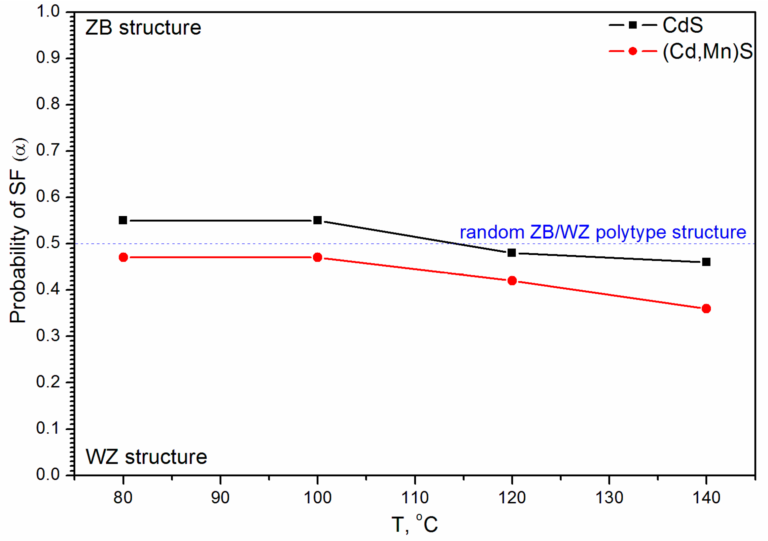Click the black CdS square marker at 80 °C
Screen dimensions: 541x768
[x=123, y=221]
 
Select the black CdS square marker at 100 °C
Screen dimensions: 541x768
[x=318, y=221]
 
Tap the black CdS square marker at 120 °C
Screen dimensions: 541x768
[x=512, y=253]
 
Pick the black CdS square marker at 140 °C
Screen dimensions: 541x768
[x=707, y=262]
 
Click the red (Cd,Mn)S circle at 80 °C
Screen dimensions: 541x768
[x=123, y=258]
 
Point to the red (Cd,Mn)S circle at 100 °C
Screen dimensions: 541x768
[x=318, y=258]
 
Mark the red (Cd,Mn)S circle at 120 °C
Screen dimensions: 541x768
[x=512, y=281]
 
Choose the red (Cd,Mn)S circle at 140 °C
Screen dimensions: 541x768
[x=707, y=309]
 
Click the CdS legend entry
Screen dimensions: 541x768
[x=682, y=25]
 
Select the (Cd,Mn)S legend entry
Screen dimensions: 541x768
[x=708, y=52]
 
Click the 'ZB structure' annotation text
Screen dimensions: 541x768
[x=143, y=28]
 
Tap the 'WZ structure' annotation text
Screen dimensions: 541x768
[x=147, y=457]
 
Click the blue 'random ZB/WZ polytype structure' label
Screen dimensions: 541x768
[x=603, y=232]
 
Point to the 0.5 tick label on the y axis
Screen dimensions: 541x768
[x=48, y=243]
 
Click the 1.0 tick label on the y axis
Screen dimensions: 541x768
[x=48, y=12]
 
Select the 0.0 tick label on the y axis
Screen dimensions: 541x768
[x=48, y=475]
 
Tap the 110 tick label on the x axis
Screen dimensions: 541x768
[x=415, y=498]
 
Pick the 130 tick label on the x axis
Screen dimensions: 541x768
[x=610, y=498]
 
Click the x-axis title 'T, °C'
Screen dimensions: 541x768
[x=414, y=524]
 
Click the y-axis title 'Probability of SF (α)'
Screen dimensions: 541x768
[x=18, y=231]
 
